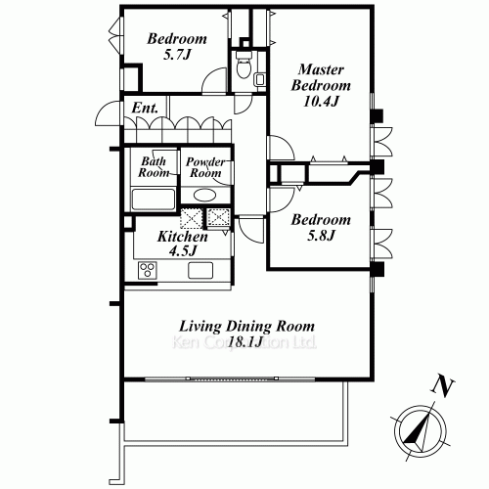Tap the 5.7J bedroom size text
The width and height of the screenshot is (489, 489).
click(176, 58)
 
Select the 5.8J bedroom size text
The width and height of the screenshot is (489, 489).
click(321, 236)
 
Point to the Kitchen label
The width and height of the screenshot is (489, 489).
click(183, 237)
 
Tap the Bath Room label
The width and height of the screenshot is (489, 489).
click(155, 166)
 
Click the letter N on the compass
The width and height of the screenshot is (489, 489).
click(444, 386)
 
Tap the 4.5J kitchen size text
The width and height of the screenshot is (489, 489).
click(183, 252)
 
